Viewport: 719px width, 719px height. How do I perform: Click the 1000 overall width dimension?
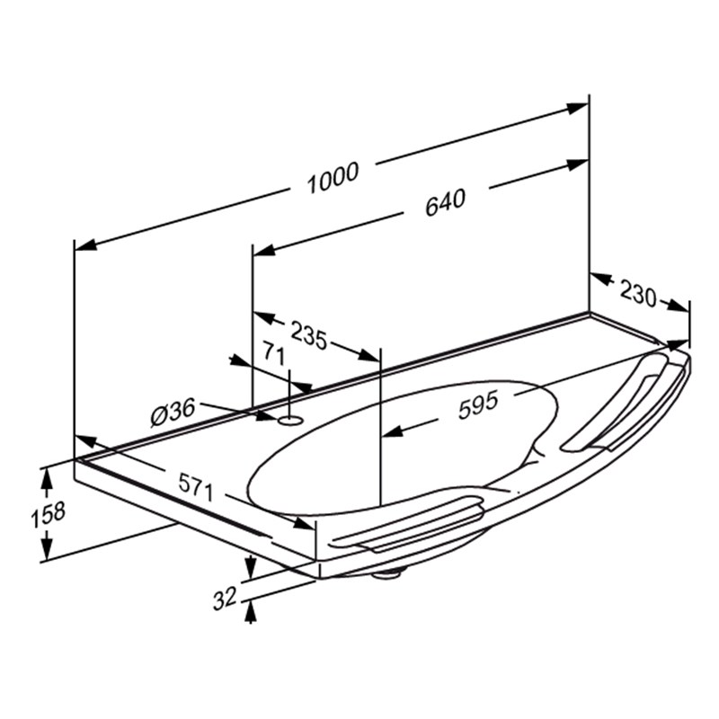pos(333,177)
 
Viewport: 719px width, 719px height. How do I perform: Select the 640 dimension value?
pos(445,202)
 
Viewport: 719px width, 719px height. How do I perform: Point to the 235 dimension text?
pos(309,335)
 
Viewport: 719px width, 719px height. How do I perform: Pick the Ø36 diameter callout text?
pos(173,413)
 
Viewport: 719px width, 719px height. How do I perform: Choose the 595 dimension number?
pos(478,404)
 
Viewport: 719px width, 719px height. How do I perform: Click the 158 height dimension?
pos(49,513)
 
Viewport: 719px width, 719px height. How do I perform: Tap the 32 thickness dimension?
pos(225,598)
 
